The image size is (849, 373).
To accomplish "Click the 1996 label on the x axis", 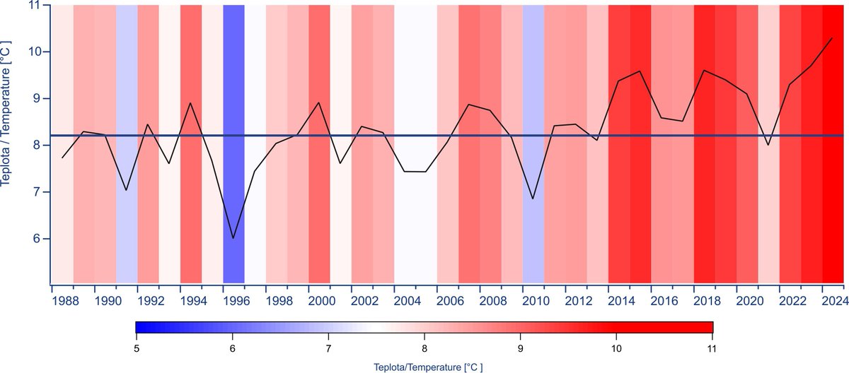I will (233, 300).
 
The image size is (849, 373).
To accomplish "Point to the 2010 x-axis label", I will (533, 300).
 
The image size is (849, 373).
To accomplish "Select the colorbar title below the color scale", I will (423, 366).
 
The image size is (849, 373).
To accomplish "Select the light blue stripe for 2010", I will (533, 106).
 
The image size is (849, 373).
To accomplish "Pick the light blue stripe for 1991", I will (127, 106).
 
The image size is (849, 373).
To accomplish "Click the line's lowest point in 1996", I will (233, 239).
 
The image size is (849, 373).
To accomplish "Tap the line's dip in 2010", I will (533, 199).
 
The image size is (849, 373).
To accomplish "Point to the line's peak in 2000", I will (319, 102).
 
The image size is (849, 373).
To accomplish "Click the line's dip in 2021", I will (768, 145).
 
